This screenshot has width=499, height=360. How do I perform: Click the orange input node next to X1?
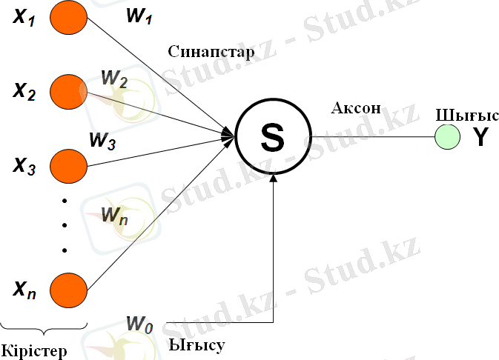pos(68,20)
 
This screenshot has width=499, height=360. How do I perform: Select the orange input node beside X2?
pos(68,91)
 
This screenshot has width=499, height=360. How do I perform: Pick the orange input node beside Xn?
pos(68,288)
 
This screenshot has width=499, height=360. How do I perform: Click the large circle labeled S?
pos(272,136)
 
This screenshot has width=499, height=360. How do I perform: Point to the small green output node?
pos(446,136)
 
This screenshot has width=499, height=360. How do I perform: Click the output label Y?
pos(480,137)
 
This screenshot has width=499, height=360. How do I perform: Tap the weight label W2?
pos(114,77)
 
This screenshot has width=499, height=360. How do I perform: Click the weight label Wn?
pos(113,217)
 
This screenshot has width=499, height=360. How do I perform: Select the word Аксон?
pos(356,108)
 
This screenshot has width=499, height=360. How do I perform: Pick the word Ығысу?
pos(196,344)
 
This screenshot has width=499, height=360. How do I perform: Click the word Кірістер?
pos(34,349)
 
